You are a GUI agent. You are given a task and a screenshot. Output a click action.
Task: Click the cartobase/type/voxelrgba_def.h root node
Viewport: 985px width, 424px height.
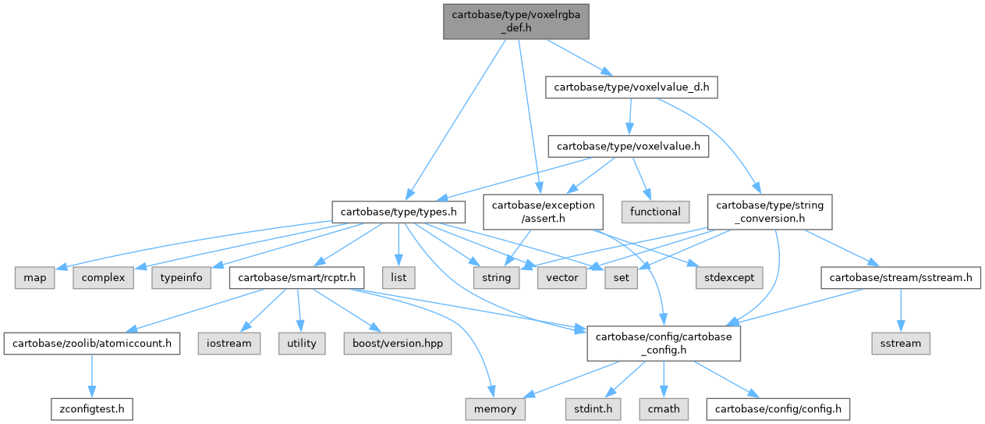click(516, 20)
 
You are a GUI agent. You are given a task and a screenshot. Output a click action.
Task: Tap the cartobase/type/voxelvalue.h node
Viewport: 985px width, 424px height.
click(628, 146)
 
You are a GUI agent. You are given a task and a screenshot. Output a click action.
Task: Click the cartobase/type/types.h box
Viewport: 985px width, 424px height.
click(399, 212)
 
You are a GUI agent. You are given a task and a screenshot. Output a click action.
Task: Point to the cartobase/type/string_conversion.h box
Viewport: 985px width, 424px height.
click(769, 212)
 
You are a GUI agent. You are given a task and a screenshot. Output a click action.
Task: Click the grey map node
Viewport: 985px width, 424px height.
click(34, 277)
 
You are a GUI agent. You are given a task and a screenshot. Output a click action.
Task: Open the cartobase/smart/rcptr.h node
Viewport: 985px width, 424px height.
click(297, 277)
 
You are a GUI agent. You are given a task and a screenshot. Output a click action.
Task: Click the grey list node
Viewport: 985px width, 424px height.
click(399, 277)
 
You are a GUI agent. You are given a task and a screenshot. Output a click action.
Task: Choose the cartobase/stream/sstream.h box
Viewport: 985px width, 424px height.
click(901, 277)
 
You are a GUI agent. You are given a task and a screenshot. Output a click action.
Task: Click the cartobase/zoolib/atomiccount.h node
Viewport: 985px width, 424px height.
click(93, 343)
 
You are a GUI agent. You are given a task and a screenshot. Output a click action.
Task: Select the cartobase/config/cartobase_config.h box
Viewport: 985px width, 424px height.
click(662, 343)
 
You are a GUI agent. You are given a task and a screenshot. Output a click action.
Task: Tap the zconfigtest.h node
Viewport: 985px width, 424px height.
click(93, 408)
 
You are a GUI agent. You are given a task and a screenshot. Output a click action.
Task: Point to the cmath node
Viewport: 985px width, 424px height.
click(662, 408)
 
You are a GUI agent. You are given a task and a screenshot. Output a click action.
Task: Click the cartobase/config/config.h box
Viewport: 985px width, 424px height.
click(778, 408)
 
